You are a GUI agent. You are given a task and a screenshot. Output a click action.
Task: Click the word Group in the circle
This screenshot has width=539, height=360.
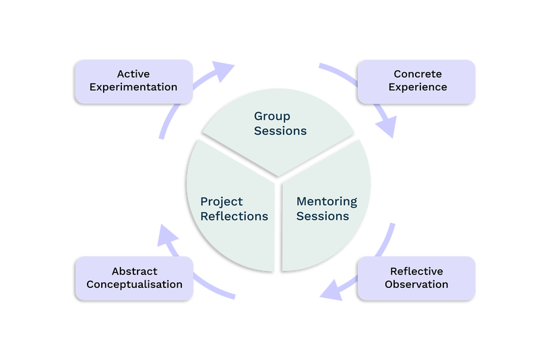point(272,116)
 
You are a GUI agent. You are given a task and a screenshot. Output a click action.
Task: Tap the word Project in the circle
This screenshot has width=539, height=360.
point(222,202)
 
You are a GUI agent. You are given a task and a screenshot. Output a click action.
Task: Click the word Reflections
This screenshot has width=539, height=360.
point(234,216)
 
